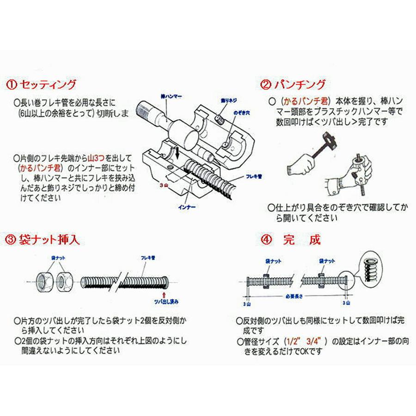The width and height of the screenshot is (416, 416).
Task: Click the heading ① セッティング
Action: point(42,85)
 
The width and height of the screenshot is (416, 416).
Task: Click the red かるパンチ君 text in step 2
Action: point(306,100)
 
